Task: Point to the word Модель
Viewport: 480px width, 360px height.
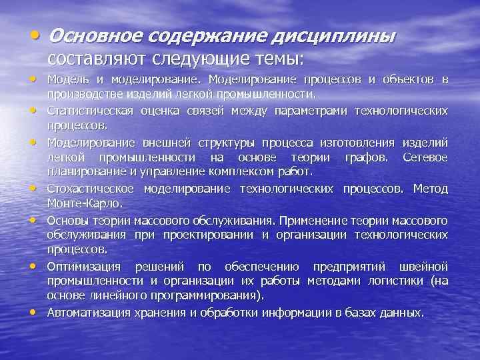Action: [64, 81]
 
